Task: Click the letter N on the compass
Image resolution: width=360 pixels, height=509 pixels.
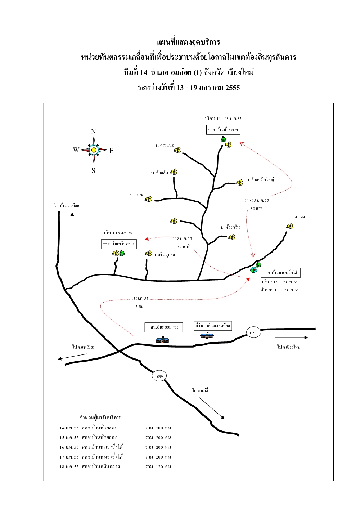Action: pyautogui.click(x=94, y=131)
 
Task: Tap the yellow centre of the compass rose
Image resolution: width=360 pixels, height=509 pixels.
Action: pyautogui.click(x=94, y=150)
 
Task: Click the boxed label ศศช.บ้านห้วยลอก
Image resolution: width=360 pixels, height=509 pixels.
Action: pyautogui.click(x=223, y=129)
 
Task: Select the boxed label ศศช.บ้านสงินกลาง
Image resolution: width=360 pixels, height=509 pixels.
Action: pyautogui.click(x=119, y=244)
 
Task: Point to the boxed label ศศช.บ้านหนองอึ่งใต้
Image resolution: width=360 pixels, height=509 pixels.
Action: pyautogui.click(x=280, y=272)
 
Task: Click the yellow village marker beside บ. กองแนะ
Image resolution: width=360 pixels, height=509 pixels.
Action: pyautogui.click(x=177, y=150)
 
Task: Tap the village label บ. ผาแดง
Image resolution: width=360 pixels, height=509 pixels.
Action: pyautogui.click(x=297, y=217)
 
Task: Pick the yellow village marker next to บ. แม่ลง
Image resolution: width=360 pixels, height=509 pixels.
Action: pyautogui.click(x=148, y=199)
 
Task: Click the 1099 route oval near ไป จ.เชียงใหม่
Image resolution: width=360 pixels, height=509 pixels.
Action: pyautogui.click(x=253, y=333)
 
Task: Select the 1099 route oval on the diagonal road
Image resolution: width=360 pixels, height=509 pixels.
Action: pyautogui.click(x=159, y=376)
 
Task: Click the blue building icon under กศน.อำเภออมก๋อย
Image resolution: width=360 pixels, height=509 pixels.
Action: pyautogui.click(x=162, y=340)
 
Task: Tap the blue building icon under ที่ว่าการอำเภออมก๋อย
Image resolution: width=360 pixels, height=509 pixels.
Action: pyautogui.click(x=207, y=336)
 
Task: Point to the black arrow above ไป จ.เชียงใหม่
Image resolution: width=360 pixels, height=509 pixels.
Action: pyautogui.click(x=292, y=338)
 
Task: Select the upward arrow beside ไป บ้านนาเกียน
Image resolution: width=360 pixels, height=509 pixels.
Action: pyautogui.click(x=72, y=226)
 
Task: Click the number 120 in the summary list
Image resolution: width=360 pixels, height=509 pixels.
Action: pyautogui.click(x=159, y=466)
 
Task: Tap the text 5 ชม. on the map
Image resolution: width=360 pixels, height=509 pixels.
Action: pyautogui.click(x=140, y=307)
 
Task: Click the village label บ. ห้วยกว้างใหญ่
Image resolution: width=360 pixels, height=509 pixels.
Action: pyautogui.click(x=260, y=179)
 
